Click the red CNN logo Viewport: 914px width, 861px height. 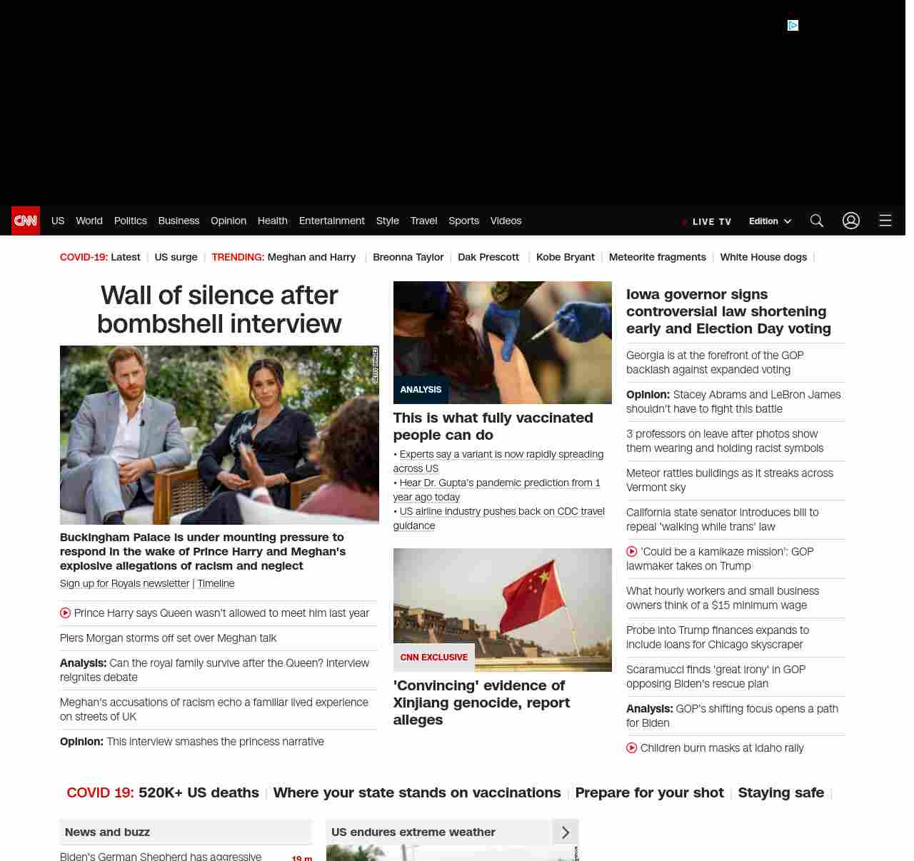point(26,221)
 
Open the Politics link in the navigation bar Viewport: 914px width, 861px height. point(130,221)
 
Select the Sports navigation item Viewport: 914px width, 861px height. point(463,221)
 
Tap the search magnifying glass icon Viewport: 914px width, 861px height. point(817,221)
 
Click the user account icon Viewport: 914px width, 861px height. point(851,221)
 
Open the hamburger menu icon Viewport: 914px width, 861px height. point(885,221)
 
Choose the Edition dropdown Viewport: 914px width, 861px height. point(770,221)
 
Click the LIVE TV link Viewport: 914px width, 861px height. point(708,221)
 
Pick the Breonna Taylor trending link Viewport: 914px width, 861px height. point(408,257)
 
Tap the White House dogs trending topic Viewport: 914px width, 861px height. point(763,257)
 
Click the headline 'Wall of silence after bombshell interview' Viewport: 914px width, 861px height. point(219,309)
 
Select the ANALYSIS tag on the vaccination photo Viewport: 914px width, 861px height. point(421,390)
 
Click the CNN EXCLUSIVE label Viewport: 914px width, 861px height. point(433,658)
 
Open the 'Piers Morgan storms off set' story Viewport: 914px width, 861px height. point(168,638)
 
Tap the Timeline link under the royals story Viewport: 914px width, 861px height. point(216,583)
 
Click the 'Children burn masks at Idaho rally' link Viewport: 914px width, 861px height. point(721,748)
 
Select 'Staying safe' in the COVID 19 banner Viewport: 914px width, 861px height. point(780,792)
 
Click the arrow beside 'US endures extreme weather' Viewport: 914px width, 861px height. point(566,832)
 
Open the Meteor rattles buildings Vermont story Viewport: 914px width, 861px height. point(729,480)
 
